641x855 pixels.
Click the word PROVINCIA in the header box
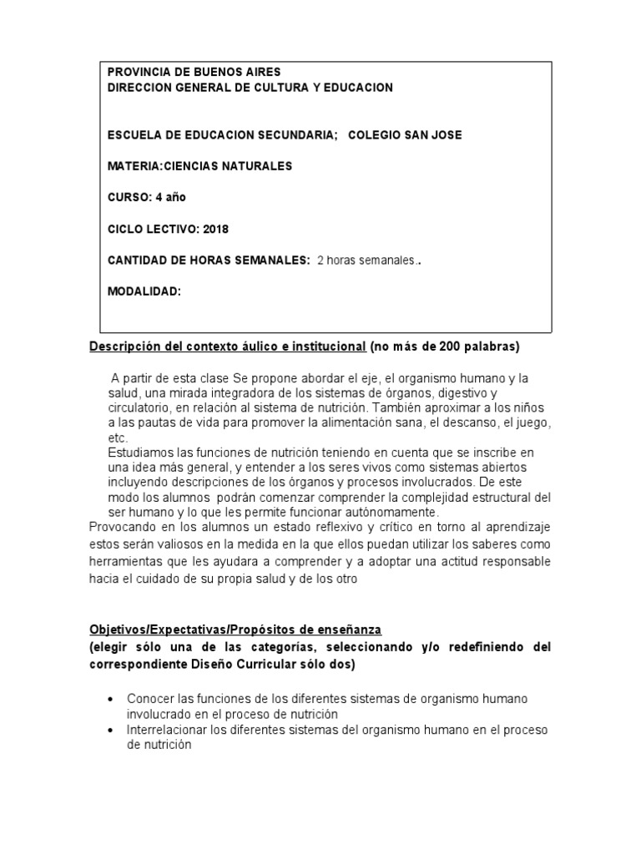point(140,73)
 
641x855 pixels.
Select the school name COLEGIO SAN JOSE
point(405,135)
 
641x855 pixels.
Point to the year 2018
point(215,229)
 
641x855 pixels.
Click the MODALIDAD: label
point(144,291)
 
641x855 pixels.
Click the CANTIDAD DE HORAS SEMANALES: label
point(209,261)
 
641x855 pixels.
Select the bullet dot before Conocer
point(111,699)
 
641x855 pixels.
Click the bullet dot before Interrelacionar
point(111,730)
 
